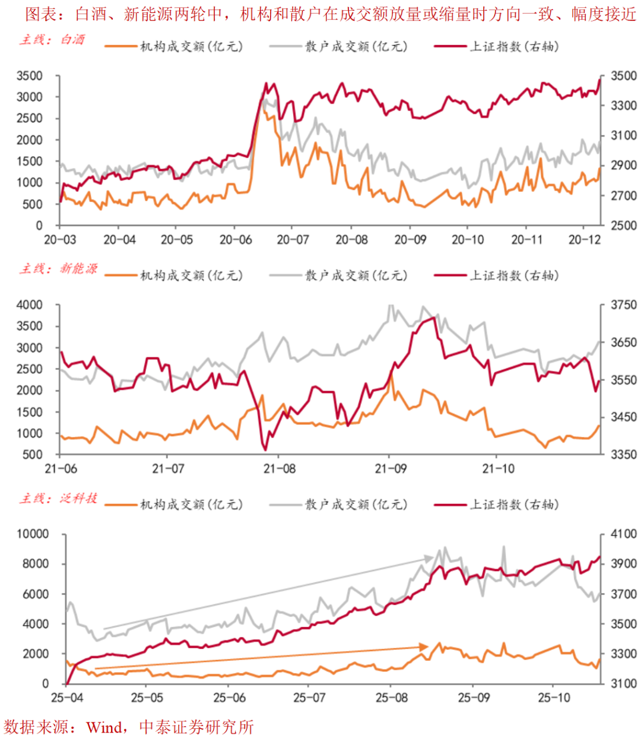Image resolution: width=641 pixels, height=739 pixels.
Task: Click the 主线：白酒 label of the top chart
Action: [x=52, y=40]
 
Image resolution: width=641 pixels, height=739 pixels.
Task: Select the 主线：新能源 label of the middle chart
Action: [x=58, y=269]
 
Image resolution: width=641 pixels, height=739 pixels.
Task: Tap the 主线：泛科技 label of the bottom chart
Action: [x=58, y=499]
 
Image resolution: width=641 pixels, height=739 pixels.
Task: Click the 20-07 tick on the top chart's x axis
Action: [x=293, y=240]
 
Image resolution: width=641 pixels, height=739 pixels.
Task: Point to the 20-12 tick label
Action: [x=585, y=240]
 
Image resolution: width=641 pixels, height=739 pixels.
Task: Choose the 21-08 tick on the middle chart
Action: [x=280, y=469]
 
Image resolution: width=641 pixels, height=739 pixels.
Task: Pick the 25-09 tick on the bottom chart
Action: [x=474, y=697]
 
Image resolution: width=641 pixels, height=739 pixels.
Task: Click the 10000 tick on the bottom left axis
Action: [x=33, y=534]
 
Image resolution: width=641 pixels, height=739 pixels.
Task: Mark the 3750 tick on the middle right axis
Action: [x=623, y=305]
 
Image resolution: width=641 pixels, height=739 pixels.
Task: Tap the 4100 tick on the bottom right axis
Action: [x=623, y=534]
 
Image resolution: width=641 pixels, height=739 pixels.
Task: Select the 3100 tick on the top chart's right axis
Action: [x=623, y=136]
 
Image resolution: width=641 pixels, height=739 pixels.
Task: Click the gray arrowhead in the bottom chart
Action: [x=429, y=558]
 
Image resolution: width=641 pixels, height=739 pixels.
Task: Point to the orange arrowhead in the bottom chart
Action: [x=424, y=646]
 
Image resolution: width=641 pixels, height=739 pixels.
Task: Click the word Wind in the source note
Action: [x=104, y=727]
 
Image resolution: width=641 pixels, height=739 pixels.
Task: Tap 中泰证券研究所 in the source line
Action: [x=196, y=727]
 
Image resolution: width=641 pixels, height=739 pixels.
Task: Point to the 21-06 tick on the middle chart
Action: [x=61, y=469]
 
